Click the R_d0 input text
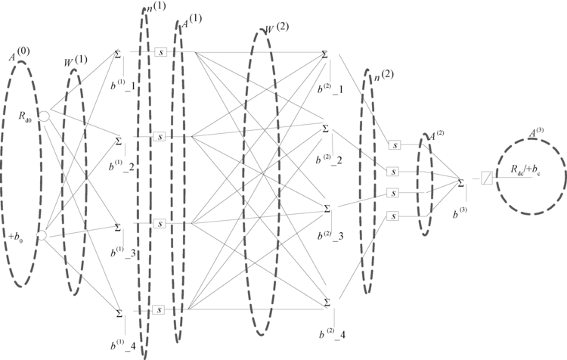(x=28, y=116)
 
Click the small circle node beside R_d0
(x=45, y=116)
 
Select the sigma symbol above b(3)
(x=461, y=182)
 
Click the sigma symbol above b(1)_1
(x=118, y=53)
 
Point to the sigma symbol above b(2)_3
(x=327, y=207)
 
